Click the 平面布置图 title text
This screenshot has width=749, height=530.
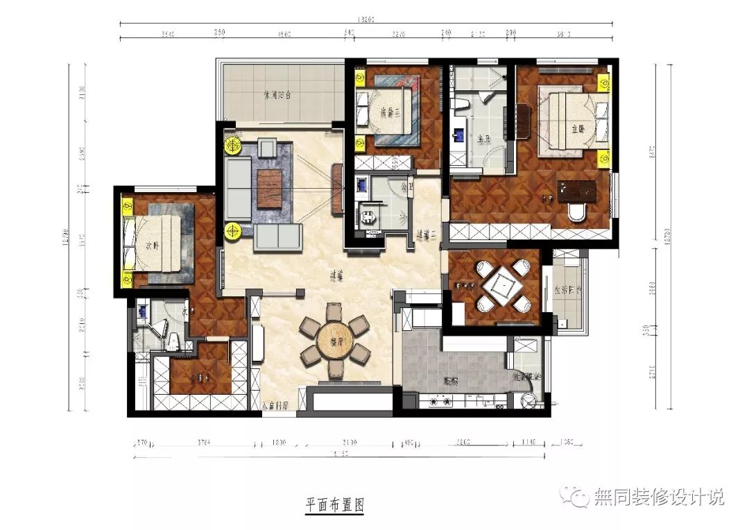(x=335, y=505)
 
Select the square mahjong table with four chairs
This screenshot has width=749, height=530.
(x=500, y=285)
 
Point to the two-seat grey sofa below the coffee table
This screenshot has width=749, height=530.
(x=278, y=237)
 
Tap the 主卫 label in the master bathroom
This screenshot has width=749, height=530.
(x=481, y=138)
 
